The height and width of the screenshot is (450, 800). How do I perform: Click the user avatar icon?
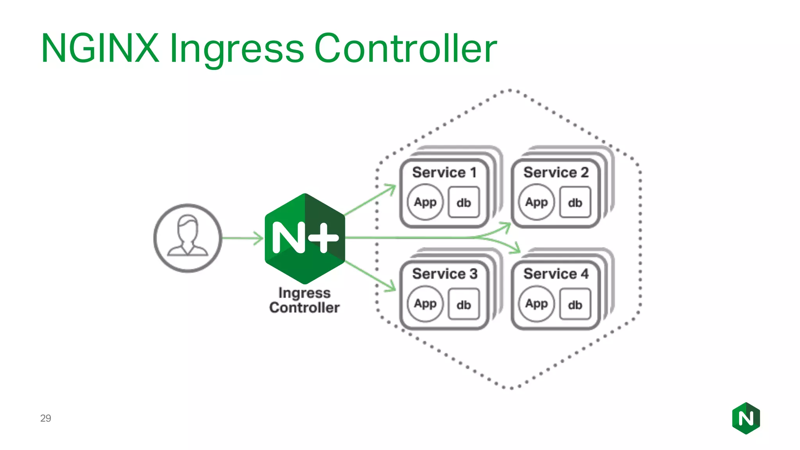coord(188,238)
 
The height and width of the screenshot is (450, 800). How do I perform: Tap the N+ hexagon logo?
coord(305,238)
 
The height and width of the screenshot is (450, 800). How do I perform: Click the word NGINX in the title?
coord(100,48)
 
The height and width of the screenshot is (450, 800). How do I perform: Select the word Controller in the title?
coord(405,48)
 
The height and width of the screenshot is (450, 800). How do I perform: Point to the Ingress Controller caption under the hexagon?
coord(304,300)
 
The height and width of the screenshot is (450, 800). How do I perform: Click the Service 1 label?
coord(444,172)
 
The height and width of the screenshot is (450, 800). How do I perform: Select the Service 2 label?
coord(555,172)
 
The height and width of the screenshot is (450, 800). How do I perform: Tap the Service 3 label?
coord(445,274)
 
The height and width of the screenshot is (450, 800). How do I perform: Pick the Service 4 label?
coord(555,274)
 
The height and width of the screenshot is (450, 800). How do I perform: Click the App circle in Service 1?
coord(425,202)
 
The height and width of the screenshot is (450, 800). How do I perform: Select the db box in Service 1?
coord(464,202)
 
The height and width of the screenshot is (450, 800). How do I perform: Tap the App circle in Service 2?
coord(536,202)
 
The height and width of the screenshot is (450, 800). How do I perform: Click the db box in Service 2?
coord(575,202)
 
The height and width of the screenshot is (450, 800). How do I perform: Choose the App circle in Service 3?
coord(425,304)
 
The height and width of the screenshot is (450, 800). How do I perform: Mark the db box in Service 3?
coord(464,304)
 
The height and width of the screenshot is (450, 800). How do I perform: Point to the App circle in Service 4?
coord(536,304)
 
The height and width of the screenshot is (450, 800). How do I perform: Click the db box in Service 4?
coord(575,304)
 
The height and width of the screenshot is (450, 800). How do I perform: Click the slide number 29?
coord(46,418)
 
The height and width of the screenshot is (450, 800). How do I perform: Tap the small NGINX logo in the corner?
coord(746,418)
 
